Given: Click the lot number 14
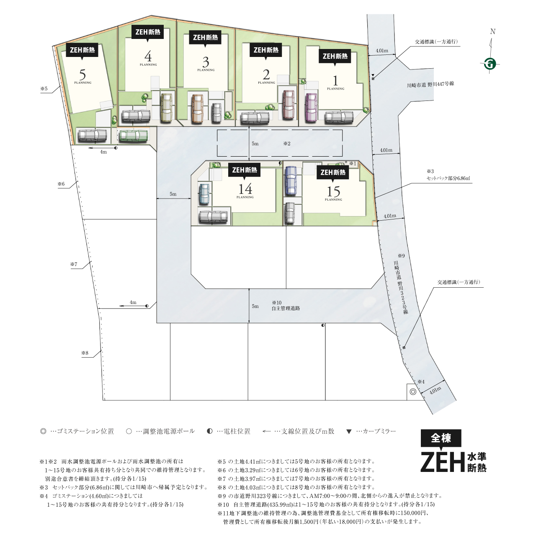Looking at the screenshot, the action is (245, 189).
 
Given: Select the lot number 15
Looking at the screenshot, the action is (333, 191).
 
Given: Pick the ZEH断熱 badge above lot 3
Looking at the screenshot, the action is (205, 38).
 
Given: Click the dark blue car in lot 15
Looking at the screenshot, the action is (291, 180).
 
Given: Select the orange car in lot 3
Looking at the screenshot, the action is (198, 108).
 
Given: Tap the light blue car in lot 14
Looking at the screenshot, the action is (204, 194).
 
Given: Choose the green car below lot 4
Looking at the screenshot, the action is (133, 136).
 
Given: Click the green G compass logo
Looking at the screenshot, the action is (490, 64).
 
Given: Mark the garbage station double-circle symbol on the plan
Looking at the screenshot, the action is (413, 392).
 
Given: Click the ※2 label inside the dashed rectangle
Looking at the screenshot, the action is (287, 144).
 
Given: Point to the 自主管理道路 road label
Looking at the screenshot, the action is (286, 308).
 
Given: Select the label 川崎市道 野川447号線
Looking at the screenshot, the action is (430, 84).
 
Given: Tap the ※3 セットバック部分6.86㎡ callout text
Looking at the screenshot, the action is (448, 175).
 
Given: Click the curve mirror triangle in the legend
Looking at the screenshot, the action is (349, 431).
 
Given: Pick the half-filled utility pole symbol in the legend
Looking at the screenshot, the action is (210, 431).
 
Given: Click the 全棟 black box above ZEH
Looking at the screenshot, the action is (441, 439).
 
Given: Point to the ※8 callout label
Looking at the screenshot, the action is (85, 353).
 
